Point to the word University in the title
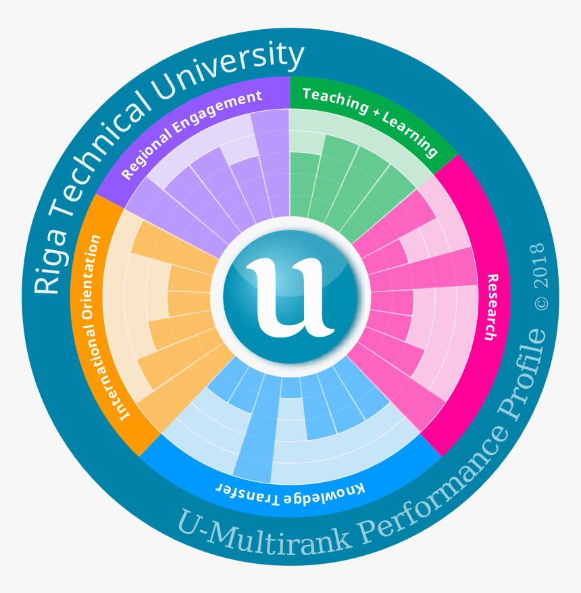tap(234, 68)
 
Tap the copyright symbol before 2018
tap(542, 303)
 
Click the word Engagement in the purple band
tap(216, 108)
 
